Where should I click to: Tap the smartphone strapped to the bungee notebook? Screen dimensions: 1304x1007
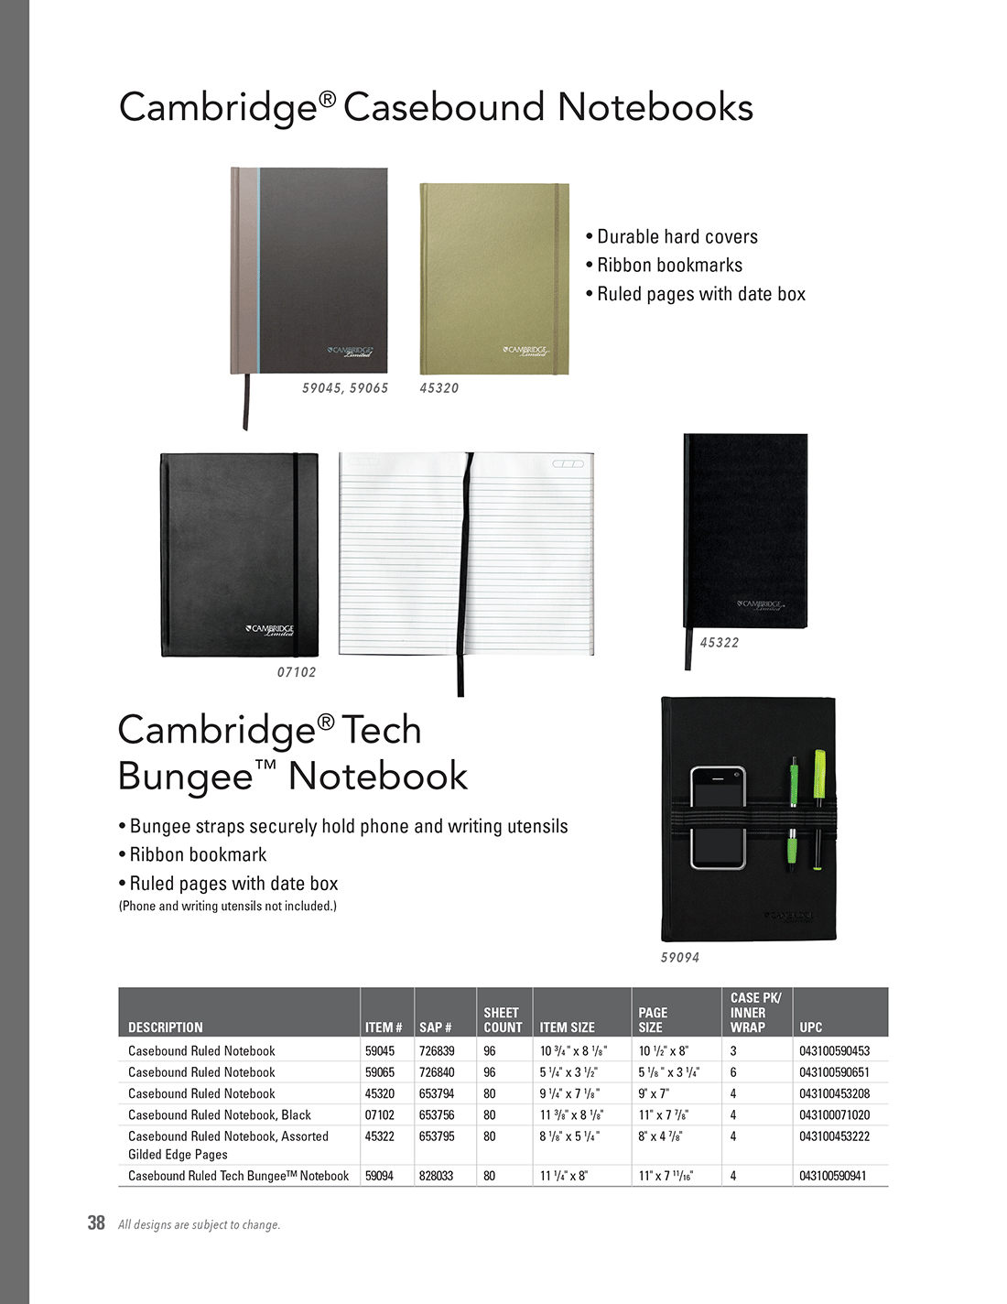tap(718, 818)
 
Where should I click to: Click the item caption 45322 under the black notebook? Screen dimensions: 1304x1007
tap(719, 643)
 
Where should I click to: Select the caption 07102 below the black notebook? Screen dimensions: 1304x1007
tap(297, 672)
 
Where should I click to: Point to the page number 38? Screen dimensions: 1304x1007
tap(96, 1223)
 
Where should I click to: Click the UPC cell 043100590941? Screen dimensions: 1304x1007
tap(833, 1176)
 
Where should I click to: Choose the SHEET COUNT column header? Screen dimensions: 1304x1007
tap(502, 1020)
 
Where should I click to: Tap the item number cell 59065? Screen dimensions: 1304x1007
tap(380, 1072)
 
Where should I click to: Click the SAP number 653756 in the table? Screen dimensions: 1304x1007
tap(437, 1115)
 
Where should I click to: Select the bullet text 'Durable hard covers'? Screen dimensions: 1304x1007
tap(677, 237)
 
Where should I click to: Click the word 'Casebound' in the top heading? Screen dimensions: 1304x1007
tap(445, 107)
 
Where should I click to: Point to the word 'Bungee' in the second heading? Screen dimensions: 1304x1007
tap(186, 777)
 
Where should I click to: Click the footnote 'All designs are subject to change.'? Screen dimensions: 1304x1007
tap(199, 1225)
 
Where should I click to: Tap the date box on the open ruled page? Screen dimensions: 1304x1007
tap(568, 464)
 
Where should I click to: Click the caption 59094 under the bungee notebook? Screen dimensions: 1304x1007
tap(680, 958)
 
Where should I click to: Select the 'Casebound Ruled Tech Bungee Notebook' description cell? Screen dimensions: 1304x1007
tap(238, 1176)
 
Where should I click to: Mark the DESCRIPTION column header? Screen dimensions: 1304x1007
tap(166, 1027)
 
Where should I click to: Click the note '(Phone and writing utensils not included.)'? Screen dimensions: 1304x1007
tap(228, 907)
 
